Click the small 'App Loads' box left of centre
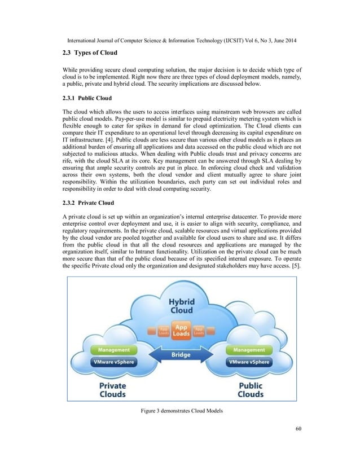tap(162, 331)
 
